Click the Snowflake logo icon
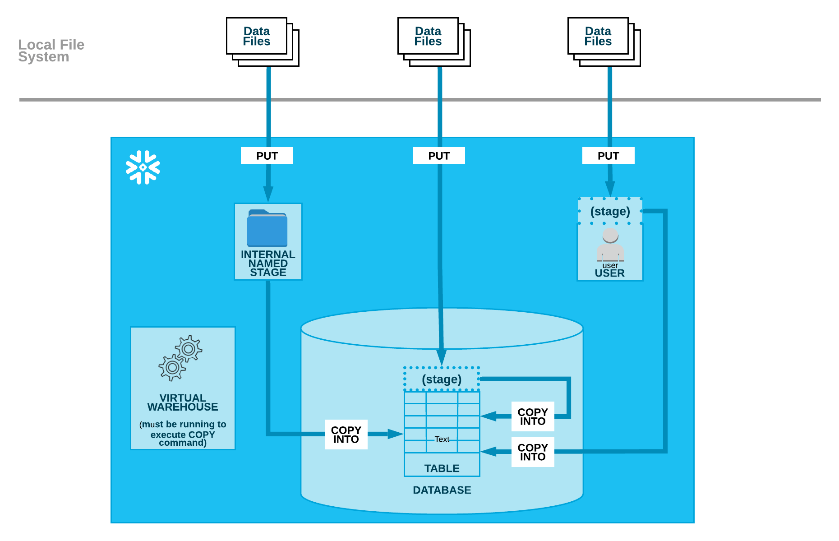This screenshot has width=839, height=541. pos(143,167)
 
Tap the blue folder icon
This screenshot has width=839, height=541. pos(267,228)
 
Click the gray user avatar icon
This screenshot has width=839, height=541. pos(610,245)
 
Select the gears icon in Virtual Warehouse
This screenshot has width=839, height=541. pos(180,358)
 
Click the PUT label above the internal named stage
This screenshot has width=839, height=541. pos(267,156)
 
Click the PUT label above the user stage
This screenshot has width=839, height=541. pos(608,156)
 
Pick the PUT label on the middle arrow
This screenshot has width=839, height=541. pos(439,156)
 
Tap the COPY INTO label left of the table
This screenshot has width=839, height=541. pos(346,435)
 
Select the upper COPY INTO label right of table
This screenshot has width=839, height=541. pos(533,416)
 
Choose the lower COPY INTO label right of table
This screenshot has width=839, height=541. pos(533,452)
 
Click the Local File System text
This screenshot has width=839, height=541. pos(51,51)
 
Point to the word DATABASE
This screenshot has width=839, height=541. pos(442,490)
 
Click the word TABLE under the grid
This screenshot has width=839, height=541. pos(442,468)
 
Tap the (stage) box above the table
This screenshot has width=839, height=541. pos(442,379)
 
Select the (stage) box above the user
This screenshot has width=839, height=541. pos(610,211)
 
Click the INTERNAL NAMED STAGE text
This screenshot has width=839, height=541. pos(268,264)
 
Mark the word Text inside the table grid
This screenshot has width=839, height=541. pos(442,439)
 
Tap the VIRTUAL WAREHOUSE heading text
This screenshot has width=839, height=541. pos(183,402)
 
